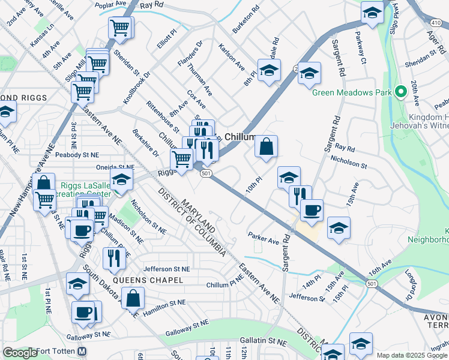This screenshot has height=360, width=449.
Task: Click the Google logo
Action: tap(20, 353)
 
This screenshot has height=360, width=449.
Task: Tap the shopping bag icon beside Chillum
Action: tap(266, 146)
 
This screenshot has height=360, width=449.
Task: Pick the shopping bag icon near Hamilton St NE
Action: tap(133, 297)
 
